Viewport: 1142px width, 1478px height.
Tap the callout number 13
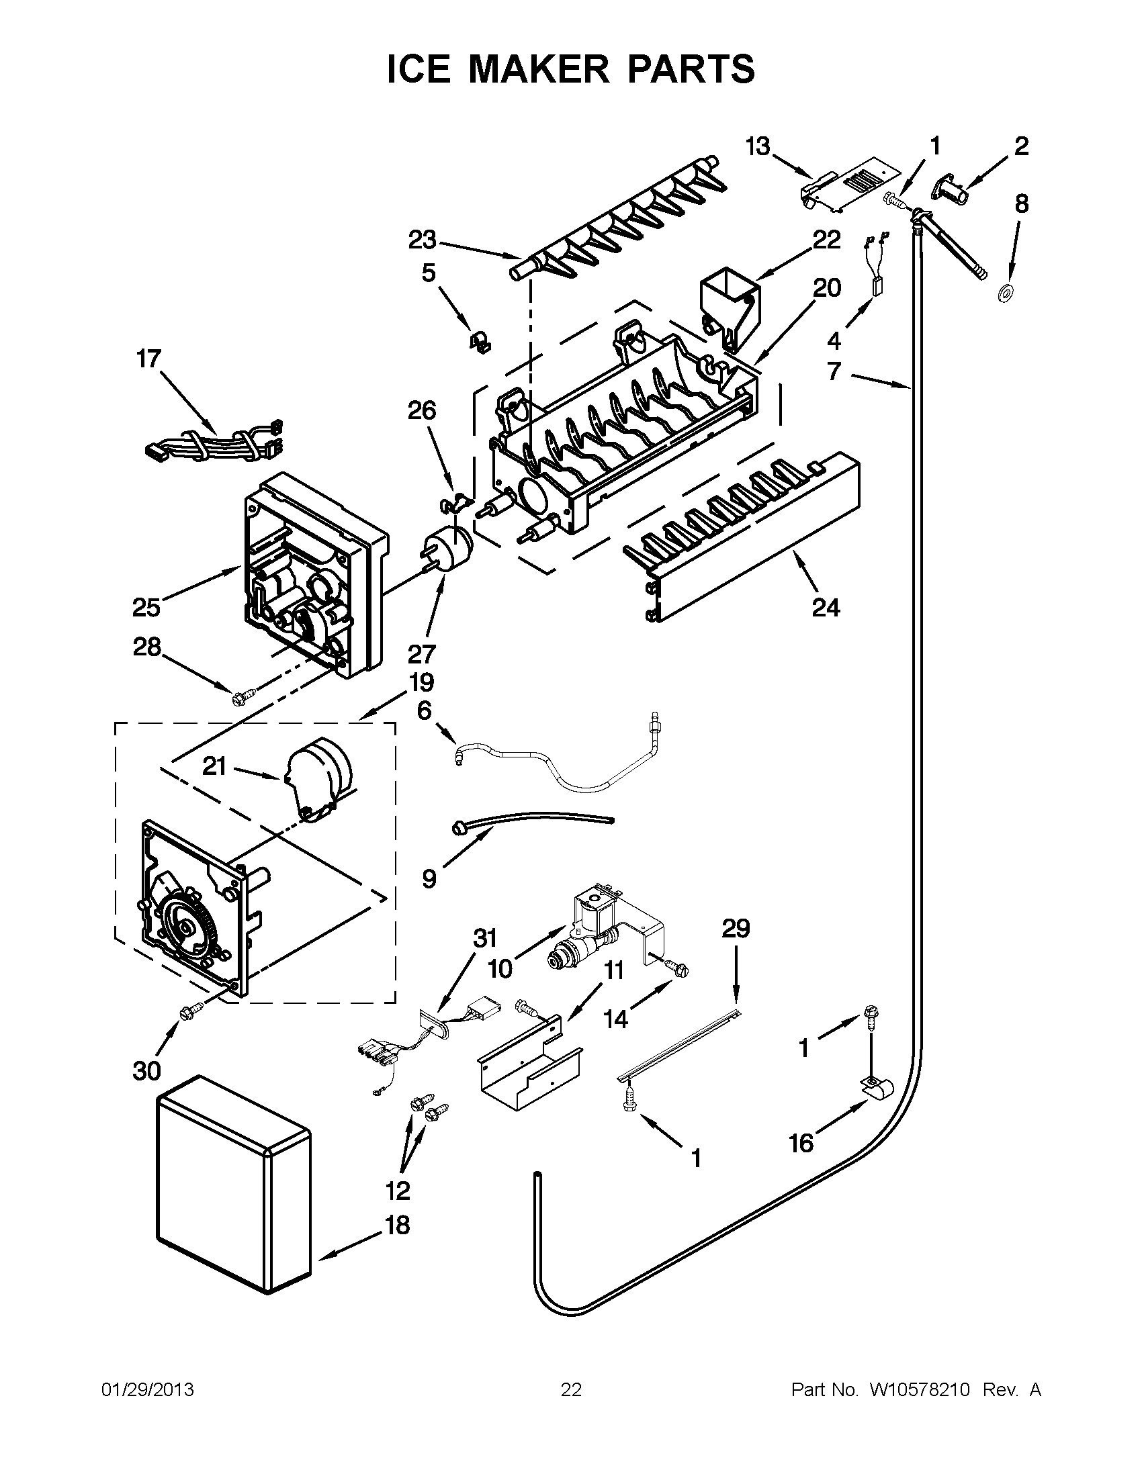[x=758, y=146]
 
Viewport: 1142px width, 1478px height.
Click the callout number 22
[x=826, y=240]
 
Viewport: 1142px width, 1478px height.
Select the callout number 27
[x=421, y=654]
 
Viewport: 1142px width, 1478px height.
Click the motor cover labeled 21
[x=318, y=778]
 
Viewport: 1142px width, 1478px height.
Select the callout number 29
[x=735, y=928]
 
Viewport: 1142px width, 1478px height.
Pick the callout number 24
[x=825, y=607]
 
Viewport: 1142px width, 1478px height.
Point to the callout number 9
[x=429, y=879]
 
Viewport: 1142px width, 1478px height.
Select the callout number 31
[x=485, y=939]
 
